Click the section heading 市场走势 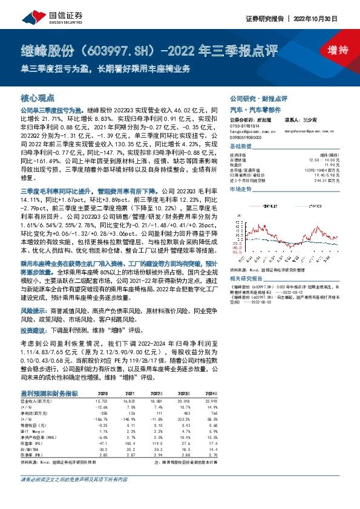[241, 190]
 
